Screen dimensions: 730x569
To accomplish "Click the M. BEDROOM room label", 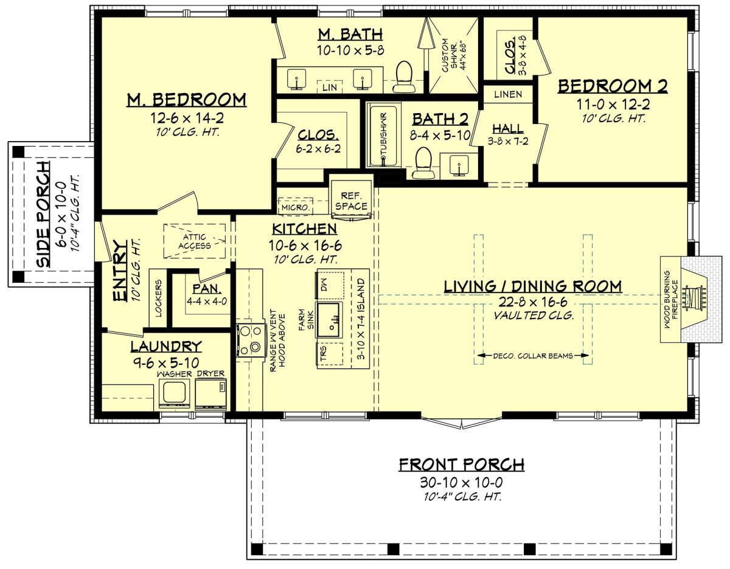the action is click(186, 100).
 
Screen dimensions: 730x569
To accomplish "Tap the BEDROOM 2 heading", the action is click(613, 86).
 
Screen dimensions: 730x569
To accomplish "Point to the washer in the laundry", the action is click(174, 394).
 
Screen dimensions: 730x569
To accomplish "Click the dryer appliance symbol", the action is click(210, 394).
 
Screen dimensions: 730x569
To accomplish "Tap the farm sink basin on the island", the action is click(330, 320).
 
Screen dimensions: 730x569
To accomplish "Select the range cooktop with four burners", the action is click(250, 339).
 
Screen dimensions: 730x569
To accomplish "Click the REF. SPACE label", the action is click(351, 201).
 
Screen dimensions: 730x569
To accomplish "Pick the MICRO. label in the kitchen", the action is click(295, 207).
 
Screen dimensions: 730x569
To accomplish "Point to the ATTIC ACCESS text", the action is click(195, 241).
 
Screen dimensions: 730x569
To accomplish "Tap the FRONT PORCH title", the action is click(462, 464).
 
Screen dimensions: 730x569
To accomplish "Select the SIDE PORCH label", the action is click(43, 215).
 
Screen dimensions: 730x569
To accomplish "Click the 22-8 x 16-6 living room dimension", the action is click(532, 302).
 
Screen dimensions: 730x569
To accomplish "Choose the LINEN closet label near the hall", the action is click(508, 95).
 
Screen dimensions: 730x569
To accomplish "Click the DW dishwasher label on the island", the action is click(324, 285).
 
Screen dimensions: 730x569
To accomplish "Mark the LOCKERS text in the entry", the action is click(158, 298).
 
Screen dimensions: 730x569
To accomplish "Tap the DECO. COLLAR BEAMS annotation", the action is click(533, 356).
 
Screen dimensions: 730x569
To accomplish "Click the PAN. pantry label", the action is click(207, 289).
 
